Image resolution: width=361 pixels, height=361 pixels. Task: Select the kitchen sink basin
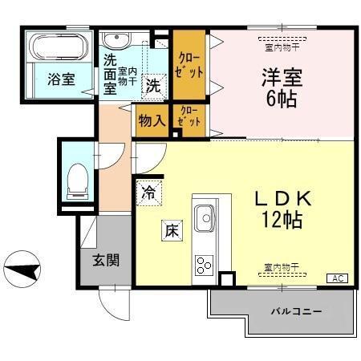click(x=204, y=217)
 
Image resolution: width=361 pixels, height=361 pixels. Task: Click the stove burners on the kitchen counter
click(x=203, y=264)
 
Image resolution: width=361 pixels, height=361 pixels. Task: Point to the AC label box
click(x=337, y=278)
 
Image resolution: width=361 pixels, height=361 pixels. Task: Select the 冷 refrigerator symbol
click(x=148, y=192)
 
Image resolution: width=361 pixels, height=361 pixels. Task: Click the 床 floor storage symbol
click(x=171, y=228)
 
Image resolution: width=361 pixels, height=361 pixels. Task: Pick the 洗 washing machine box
click(x=152, y=86)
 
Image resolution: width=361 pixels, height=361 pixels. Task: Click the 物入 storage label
click(x=152, y=120)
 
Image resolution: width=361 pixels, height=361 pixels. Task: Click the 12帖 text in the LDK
click(x=280, y=220)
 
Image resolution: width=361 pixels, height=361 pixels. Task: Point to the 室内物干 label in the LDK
click(x=280, y=266)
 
